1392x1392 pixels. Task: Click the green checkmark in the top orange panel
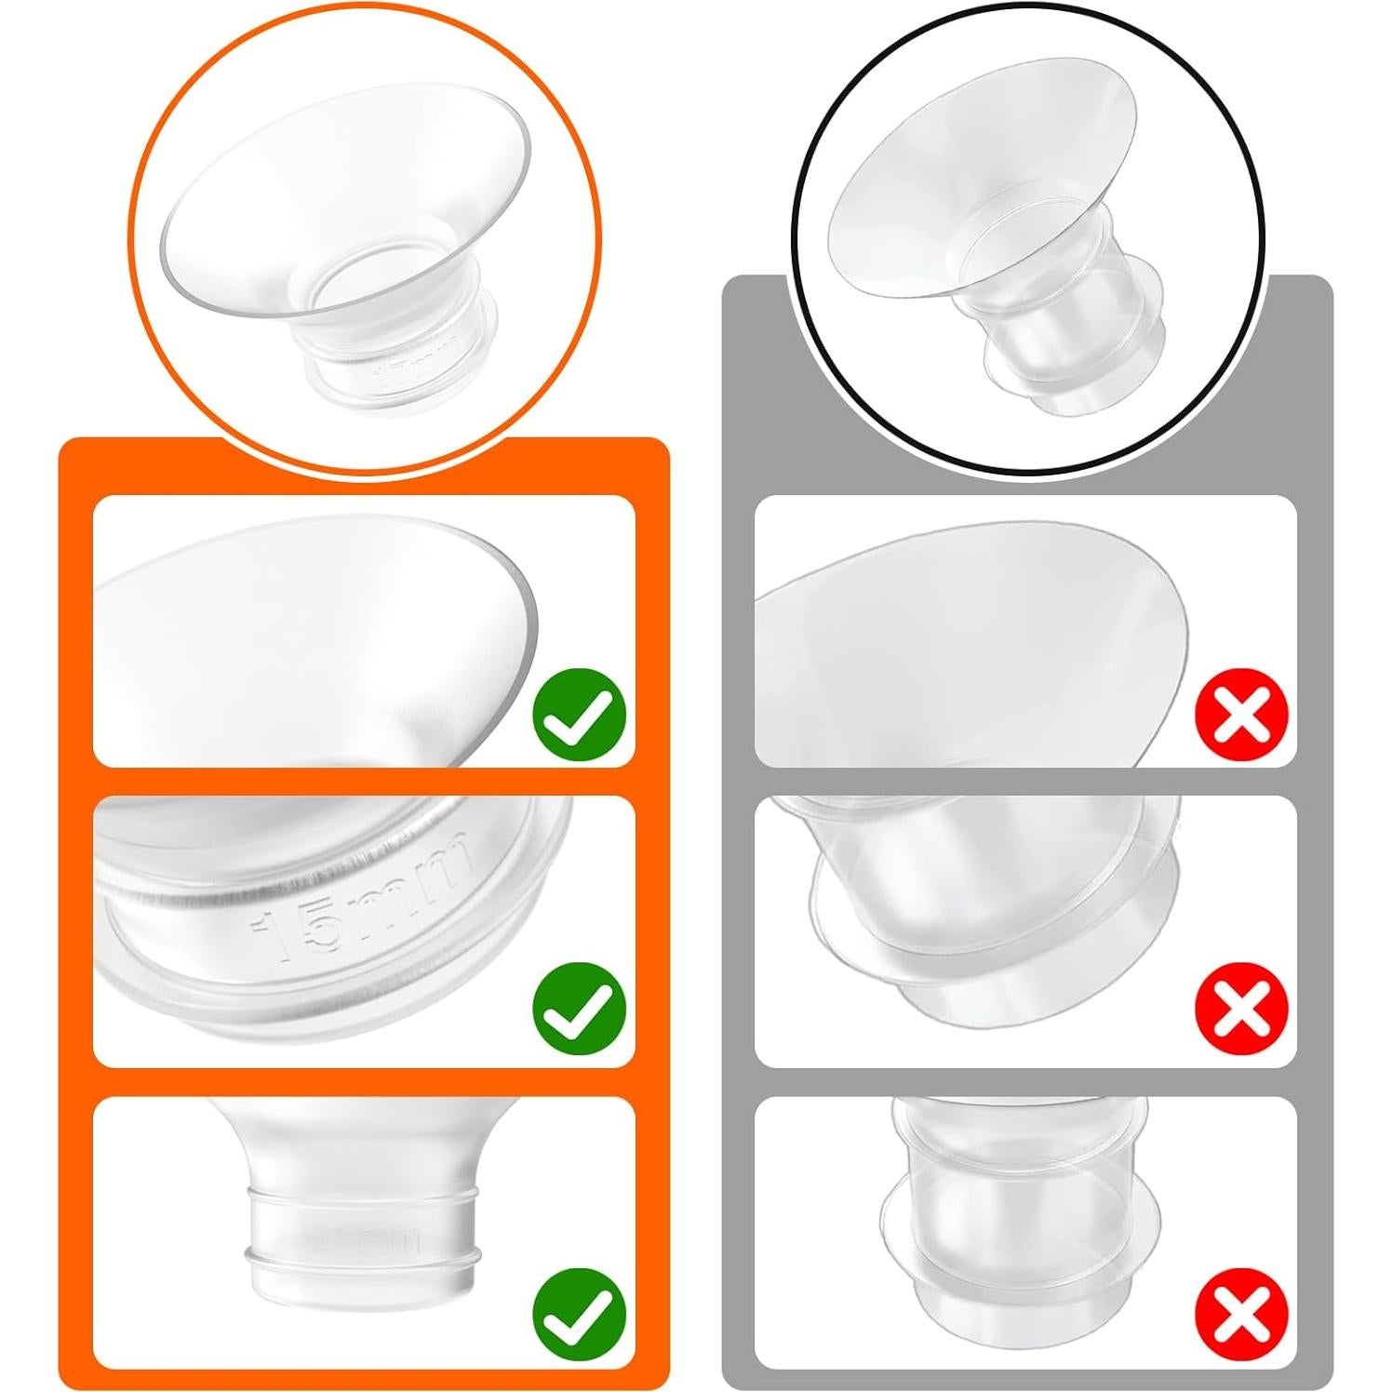pos(578,715)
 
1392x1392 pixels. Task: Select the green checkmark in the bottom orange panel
pos(578,1310)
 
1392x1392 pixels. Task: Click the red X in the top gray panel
pos(1242,715)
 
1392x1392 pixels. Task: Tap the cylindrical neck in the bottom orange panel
pos(363,1238)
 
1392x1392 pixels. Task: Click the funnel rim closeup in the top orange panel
pos(316,633)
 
